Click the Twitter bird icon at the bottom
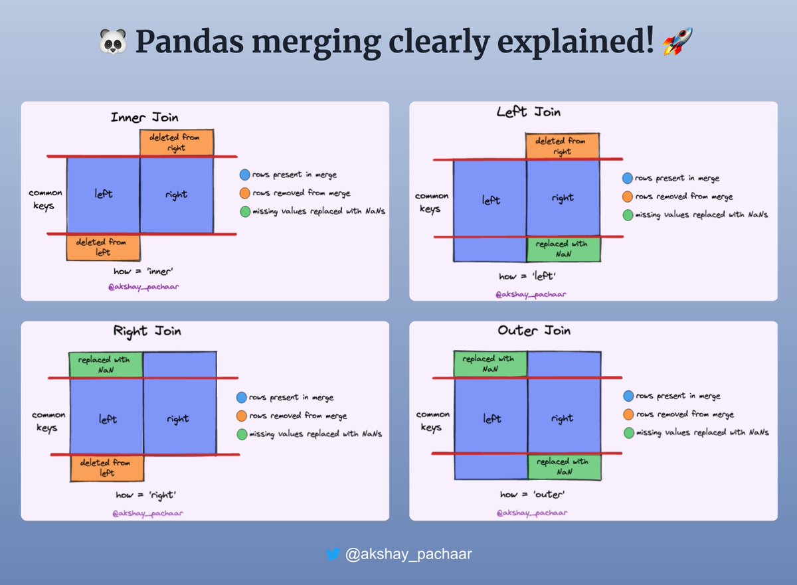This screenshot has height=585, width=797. [x=333, y=554]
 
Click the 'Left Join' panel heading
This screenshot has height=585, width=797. [x=529, y=112]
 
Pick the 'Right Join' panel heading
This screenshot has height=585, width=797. [x=147, y=331]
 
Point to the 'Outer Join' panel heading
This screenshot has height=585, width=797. [x=534, y=330]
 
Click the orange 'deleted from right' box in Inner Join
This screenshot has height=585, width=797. [x=177, y=143]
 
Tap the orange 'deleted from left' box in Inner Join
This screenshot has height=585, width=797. [x=104, y=247]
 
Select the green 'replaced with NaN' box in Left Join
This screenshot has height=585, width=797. [x=563, y=249]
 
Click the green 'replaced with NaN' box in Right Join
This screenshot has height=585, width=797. [x=106, y=364]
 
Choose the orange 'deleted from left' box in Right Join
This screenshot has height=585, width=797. [x=107, y=467]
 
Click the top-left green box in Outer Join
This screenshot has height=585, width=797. [x=490, y=363]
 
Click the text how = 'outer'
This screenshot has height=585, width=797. [x=531, y=494]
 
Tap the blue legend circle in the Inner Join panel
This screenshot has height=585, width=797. [x=244, y=175]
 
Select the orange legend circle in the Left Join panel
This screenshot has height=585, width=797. [x=628, y=197]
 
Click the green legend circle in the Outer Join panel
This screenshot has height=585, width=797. [x=628, y=432]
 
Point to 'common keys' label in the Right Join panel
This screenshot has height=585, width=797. [x=48, y=421]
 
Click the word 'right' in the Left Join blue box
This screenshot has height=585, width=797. [x=562, y=198]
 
